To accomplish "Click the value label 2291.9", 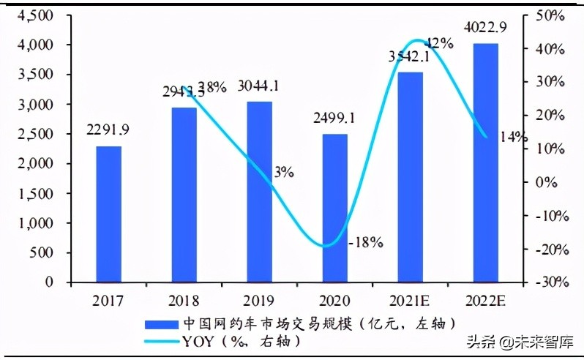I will pyautogui.click(x=108, y=131).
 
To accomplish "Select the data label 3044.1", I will pyautogui.click(x=258, y=86).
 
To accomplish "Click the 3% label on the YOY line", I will pyautogui.click(x=284, y=172).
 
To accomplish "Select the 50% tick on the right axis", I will pyautogui.click(x=550, y=15).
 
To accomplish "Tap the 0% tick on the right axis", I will pyautogui.click(x=553, y=181).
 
